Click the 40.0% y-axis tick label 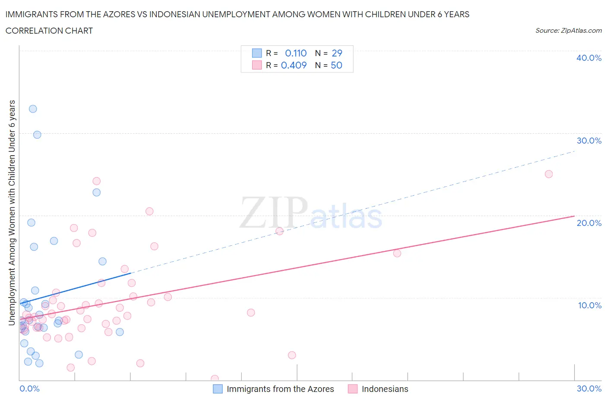point(588,58)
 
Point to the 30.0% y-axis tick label point(588,141)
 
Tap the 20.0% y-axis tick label point(588,223)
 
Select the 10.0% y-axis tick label point(589,305)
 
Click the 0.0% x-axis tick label point(29,388)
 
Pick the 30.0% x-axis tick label point(589,388)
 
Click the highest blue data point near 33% point(33,109)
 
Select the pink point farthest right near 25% point(549,174)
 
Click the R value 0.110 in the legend point(296,53)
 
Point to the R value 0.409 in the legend point(294,65)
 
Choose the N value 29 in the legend point(337,53)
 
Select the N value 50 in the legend point(336,65)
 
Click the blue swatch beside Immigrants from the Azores point(218,389)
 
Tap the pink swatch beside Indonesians point(353,389)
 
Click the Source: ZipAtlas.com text point(568,31)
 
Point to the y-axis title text point(12,213)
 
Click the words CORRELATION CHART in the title point(49,31)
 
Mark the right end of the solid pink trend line point(574,216)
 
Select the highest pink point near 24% point(97,181)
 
